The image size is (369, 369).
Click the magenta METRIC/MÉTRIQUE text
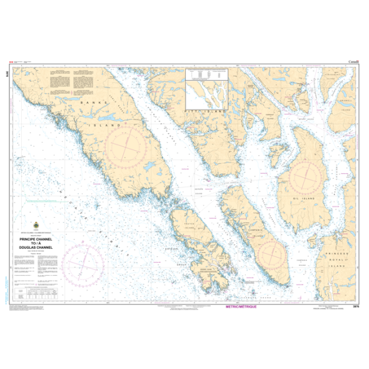pyautogui.click(x=240, y=301)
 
